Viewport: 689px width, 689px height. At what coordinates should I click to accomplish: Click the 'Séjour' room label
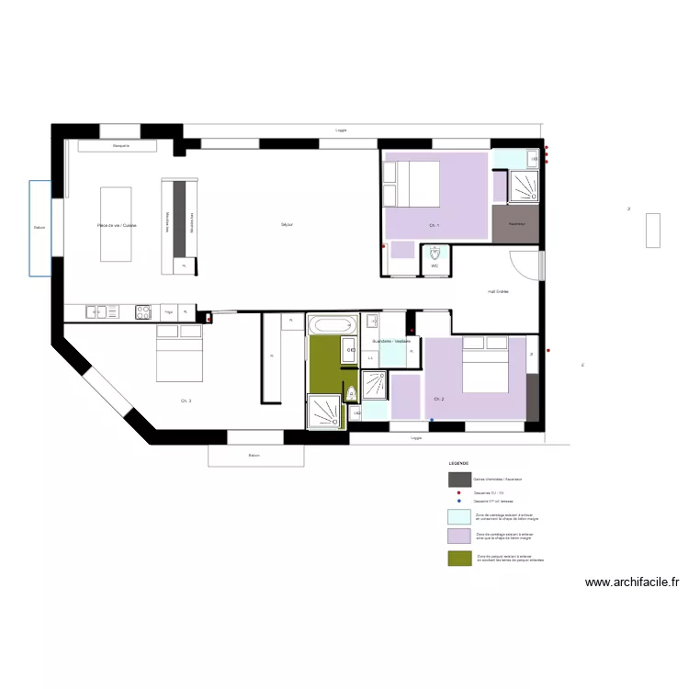(287, 224)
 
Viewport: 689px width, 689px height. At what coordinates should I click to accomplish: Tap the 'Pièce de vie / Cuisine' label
(116, 224)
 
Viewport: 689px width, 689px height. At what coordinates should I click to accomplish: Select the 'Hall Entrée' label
(498, 292)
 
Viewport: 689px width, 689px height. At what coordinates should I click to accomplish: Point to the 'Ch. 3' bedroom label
(186, 401)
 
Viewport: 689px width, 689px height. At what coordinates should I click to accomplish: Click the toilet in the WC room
(435, 253)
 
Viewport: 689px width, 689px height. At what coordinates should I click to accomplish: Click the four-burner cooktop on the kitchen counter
(143, 311)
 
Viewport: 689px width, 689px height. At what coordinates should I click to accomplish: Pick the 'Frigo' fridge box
(168, 311)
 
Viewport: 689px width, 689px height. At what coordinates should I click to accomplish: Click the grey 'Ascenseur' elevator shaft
(515, 224)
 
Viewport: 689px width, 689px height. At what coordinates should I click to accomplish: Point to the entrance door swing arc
(527, 266)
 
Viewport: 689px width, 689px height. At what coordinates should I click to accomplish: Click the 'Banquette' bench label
(121, 146)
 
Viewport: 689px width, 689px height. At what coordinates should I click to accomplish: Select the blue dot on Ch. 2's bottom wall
(432, 421)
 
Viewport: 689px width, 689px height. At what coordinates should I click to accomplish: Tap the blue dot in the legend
(458, 501)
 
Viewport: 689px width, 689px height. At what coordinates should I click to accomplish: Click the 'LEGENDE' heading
(458, 464)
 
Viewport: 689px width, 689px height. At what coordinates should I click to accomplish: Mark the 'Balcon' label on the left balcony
(39, 228)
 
